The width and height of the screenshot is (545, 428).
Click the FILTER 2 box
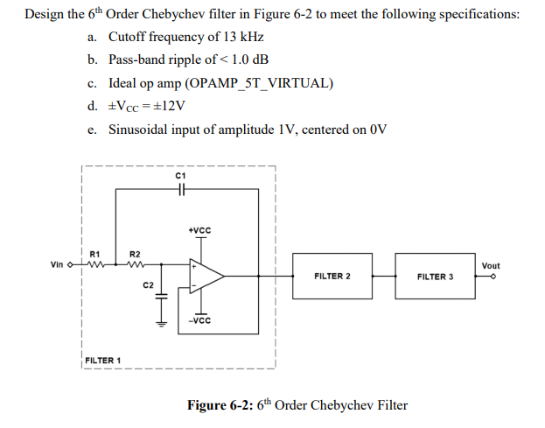click(332, 276)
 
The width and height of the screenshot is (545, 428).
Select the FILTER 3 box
click(435, 276)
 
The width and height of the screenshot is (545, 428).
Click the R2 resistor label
click(135, 253)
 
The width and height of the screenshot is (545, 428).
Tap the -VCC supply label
click(199, 320)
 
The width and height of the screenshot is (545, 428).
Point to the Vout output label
click(491, 265)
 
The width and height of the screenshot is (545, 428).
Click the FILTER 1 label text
click(103, 360)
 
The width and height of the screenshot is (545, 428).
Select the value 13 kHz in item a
click(245, 37)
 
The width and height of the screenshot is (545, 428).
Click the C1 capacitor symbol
click(181, 192)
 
